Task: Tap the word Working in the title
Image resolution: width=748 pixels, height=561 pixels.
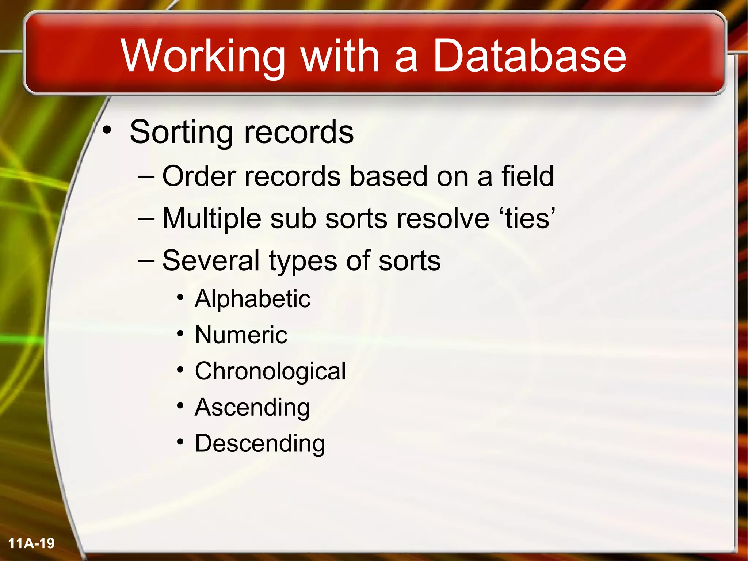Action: pos(203,57)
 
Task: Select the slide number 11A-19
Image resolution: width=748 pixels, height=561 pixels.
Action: pos(31,543)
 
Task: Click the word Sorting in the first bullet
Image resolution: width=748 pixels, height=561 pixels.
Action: pos(181,133)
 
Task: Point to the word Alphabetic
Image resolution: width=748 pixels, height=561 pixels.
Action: pos(252,299)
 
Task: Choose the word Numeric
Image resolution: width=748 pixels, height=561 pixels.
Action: pos(241,335)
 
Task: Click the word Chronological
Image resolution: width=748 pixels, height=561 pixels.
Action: pos(270,371)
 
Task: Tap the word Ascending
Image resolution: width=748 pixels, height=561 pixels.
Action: pos(252,408)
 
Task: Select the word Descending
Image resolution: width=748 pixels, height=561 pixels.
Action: pos(260,443)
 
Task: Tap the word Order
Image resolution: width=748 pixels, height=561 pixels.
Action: pos(199,176)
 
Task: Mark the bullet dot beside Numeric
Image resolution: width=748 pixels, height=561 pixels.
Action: pos(180,333)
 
